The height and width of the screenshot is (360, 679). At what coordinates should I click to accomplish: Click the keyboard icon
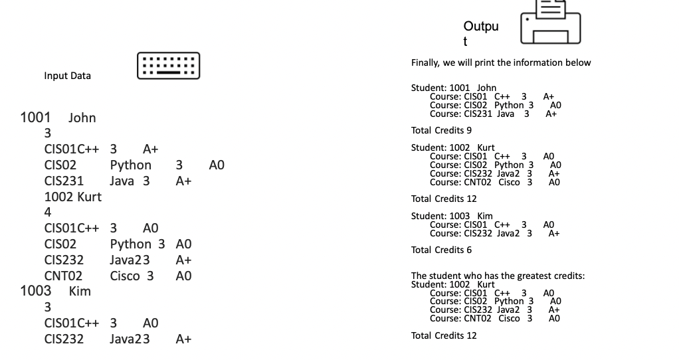[x=168, y=66]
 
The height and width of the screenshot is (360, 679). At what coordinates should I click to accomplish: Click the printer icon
[x=550, y=23]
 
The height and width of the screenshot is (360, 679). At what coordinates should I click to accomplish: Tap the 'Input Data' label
[x=68, y=76]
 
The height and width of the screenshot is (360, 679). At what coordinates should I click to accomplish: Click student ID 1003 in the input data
[x=36, y=292]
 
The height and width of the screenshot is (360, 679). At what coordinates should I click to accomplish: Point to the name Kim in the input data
[x=80, y=292]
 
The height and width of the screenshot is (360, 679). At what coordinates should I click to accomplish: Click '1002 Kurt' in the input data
[x=72, y=197]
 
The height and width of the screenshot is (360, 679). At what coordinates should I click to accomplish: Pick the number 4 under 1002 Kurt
[x=48, y=213]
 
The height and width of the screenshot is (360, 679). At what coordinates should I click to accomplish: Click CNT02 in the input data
[x=63, y=276]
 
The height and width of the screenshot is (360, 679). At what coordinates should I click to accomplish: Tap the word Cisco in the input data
[x=125, y=276]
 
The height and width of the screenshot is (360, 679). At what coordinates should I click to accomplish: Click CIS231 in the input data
[x=64, y=181]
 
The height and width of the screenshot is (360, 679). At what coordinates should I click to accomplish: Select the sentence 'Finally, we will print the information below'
[x=500, y=63]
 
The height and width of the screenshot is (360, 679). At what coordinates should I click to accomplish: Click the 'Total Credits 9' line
[x=441, y=130]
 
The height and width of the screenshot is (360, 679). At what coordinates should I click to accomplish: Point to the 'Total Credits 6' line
[x=441, y=250]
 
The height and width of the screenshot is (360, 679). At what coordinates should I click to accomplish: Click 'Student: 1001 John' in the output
[x=454, y=88]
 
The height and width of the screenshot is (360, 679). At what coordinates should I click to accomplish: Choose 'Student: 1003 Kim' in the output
[x=452, y=216]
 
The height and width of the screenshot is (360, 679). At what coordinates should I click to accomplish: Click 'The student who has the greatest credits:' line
[x=498, y=276]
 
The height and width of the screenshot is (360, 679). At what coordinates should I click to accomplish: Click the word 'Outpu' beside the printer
[x=480, y=27]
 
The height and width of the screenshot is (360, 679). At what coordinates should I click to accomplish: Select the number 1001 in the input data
[x=36, y=118]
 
